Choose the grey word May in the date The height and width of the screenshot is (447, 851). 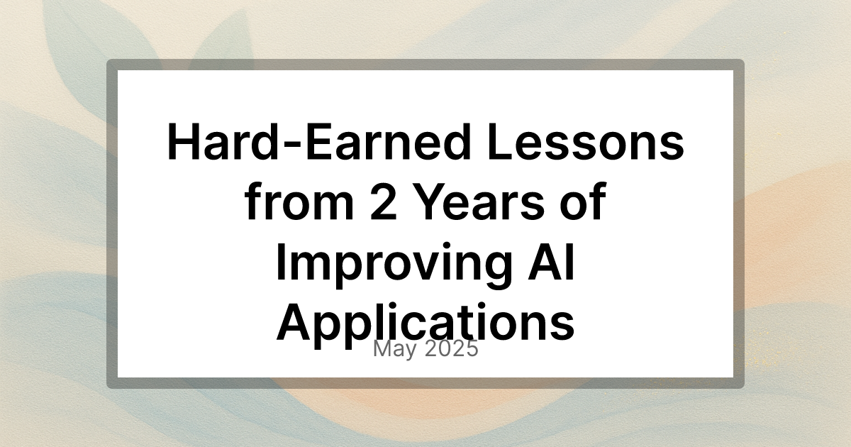pos(395,349)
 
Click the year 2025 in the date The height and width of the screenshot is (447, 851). pos(451,348)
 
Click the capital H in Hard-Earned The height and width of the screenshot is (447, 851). pos(183,141)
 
